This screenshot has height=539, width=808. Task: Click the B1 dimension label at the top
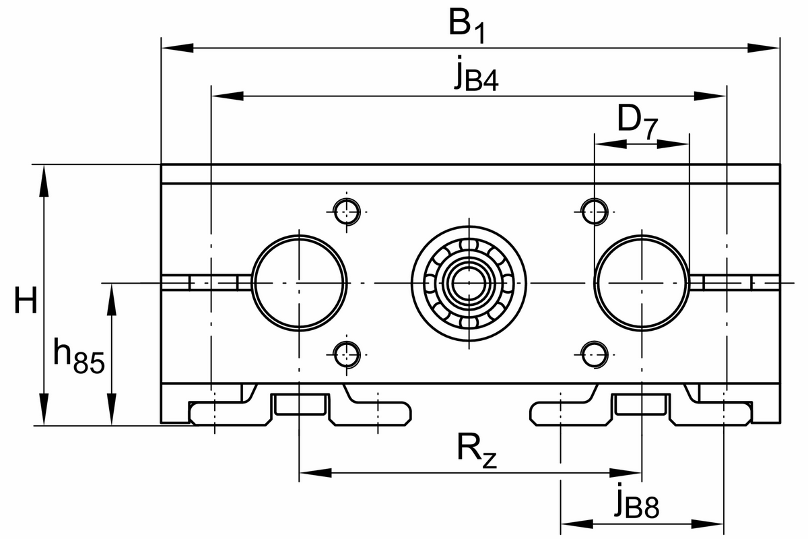466,27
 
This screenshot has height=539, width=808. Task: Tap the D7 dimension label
636,123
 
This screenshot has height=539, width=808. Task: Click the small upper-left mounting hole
347,210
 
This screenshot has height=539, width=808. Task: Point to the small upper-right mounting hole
593,210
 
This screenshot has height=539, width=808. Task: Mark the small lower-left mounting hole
347,352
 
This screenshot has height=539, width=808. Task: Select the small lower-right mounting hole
593,352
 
